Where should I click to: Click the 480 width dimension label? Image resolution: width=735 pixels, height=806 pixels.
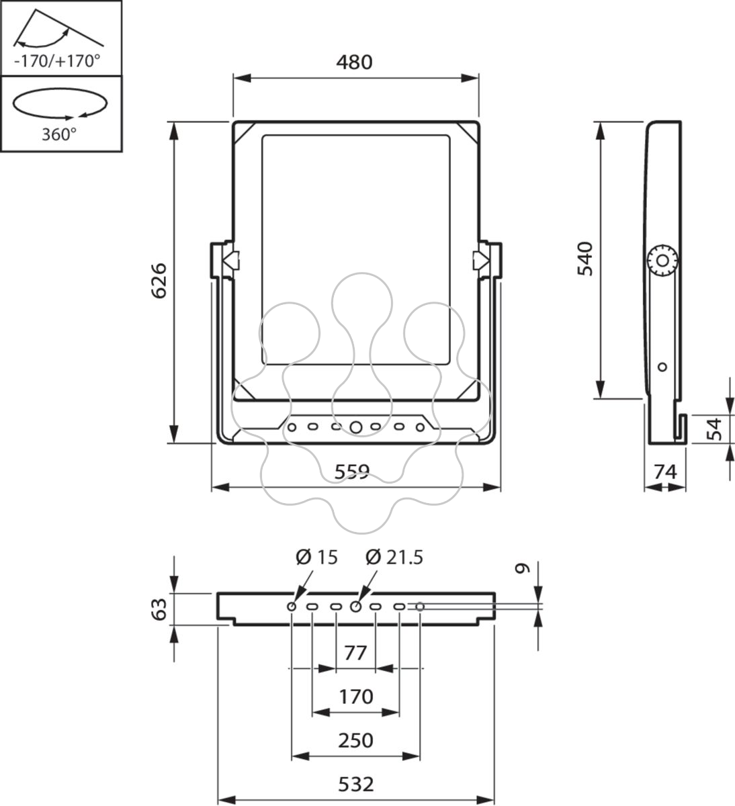click(354, 62)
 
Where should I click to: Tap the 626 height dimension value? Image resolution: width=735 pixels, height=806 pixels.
click(159, 281)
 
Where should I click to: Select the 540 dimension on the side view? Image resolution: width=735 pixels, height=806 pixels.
click(585, 259)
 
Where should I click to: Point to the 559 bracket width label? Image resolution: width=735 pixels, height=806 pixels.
click(352, 472)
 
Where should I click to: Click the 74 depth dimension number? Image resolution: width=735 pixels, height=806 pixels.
click(665, 472)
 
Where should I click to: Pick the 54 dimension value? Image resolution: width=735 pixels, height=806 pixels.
click(714, 429)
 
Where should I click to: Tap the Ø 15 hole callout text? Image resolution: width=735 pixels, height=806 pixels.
click(316, 557)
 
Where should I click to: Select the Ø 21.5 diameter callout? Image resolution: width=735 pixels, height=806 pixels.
click(394, 557)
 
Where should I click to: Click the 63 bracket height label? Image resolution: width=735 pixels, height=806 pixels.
click(159, 609)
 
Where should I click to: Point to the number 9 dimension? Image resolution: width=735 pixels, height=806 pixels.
click(523, 568)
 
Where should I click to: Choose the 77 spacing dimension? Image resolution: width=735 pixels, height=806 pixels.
click(355, 654)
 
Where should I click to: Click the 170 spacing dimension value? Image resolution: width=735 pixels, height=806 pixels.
click(356, 697)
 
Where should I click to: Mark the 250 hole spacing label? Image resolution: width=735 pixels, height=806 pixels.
click(356, 740)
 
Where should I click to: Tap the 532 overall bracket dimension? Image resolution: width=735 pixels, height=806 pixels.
click(356, 784)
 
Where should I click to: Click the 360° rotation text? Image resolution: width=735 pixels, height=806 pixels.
click(59, 134)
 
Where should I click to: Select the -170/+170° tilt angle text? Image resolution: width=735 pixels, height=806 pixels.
click(56, 62)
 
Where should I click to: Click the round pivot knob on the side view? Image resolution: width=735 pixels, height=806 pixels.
click(662, 261)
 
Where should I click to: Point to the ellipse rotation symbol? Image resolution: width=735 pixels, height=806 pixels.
click(60, 103)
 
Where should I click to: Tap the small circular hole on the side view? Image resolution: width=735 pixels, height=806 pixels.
click(662, 367)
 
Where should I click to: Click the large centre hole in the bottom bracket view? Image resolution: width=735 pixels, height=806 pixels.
click(355, 607)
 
